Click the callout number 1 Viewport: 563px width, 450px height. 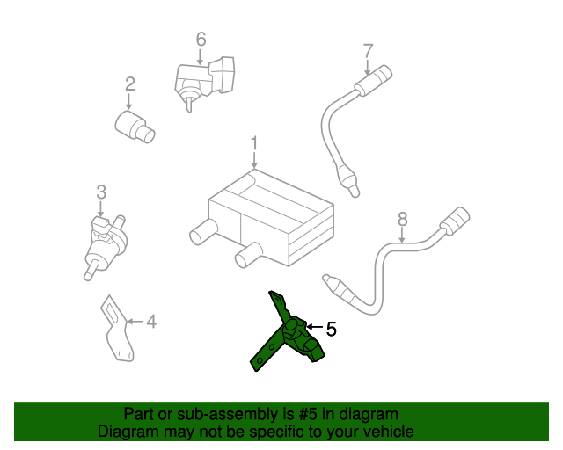click(x=254, y=142)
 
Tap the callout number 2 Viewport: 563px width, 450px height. click(x=129, y=84)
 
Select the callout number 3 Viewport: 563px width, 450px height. click(x=101, y=192)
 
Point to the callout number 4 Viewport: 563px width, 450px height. click(x=150, y=322)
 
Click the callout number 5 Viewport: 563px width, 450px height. click(x=331, y=330)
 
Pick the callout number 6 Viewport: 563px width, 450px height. click(x=201, y=39)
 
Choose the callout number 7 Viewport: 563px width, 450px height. click(x=368, y=50)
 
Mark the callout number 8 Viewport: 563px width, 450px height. click(x=402, y=219)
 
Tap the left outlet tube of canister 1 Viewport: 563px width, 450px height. click(x=201, y=233)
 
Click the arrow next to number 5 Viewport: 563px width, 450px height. click(x=314, y=328)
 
